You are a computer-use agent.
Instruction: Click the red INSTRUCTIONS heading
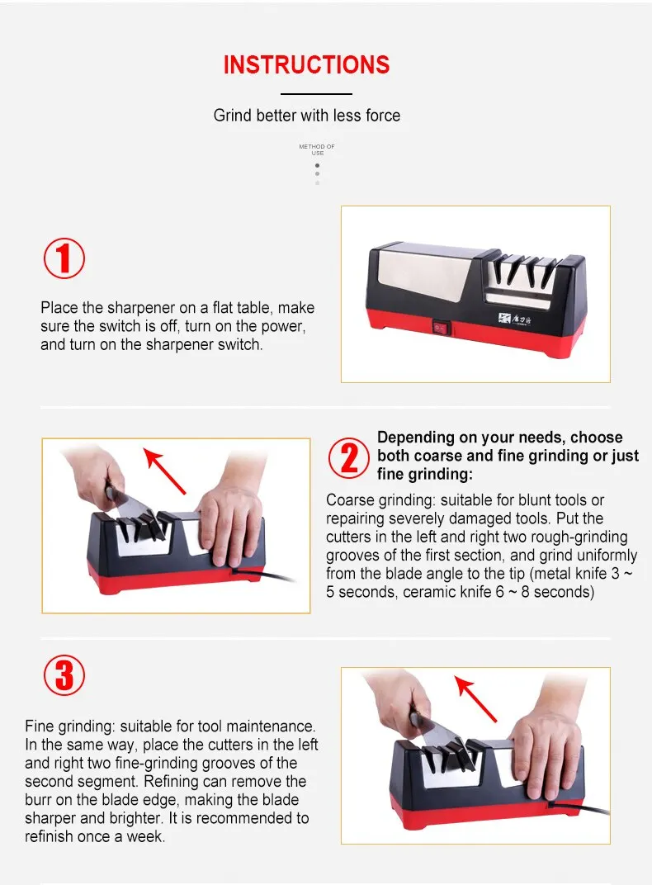click(306, 65)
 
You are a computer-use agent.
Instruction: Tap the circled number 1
click(64, 258)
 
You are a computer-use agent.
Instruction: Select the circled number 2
click(349, 457)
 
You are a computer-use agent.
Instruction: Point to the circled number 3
click(64, 675)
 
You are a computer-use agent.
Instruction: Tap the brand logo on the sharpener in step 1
click(515, 319)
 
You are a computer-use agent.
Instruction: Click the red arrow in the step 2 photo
click(164, 471)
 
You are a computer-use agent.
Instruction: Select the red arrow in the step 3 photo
click(475, 699)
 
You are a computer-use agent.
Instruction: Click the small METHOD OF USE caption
click(317, 149)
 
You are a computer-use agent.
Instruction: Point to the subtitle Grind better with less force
click(307, 116)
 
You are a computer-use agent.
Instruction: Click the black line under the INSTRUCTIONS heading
click(316, 93)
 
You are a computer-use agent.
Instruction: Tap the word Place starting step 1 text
click(59, 308)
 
